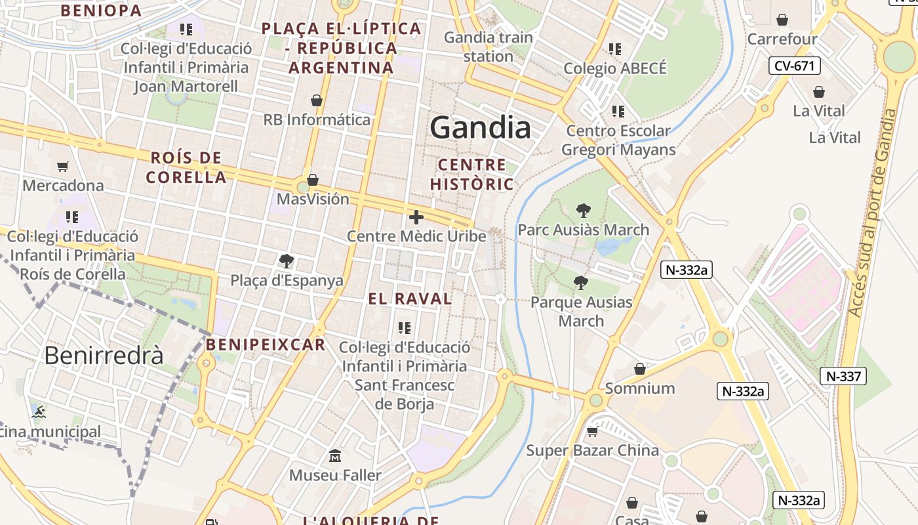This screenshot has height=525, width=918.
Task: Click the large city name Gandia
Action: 480,128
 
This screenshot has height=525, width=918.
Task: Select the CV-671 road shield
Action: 794,66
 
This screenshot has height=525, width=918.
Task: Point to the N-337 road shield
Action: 843,376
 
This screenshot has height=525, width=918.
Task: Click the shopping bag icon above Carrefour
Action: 782,20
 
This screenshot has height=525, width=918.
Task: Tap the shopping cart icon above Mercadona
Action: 63,166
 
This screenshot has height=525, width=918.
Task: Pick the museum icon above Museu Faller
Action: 335,455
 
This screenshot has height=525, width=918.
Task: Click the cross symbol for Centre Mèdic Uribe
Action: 416,217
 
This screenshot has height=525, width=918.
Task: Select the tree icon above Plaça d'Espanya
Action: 286,261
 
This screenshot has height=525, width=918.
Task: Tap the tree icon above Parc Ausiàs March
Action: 583,211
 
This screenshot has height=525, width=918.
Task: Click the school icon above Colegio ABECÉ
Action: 614,49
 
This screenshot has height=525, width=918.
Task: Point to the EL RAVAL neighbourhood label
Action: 410,299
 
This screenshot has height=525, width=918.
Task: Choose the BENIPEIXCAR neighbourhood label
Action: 265,345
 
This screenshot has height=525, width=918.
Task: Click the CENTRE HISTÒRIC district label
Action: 472,174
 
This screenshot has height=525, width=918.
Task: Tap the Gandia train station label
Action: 489,47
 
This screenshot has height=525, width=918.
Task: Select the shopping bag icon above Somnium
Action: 639,369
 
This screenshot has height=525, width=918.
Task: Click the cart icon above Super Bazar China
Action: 592,431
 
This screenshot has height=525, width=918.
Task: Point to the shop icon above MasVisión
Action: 313,179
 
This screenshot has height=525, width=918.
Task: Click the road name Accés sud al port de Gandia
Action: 871,213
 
